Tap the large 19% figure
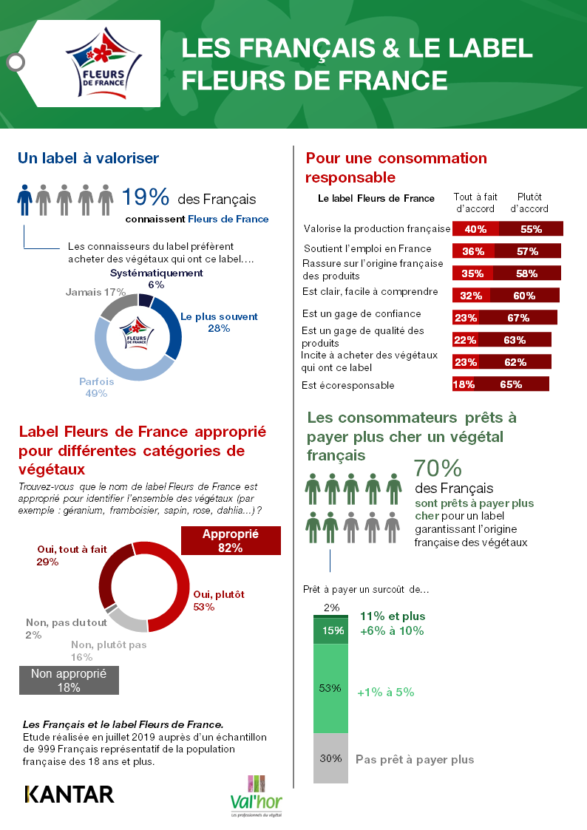point(146,197)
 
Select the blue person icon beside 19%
point(25,200)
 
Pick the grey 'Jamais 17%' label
point(95,292)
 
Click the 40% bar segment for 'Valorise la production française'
point(475,229)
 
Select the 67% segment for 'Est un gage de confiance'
point(518,318)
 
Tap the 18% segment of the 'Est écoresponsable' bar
point(464,384)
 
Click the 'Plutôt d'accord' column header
point(529,203)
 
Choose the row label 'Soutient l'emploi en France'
point(368,248)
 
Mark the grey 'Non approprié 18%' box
point(69,680)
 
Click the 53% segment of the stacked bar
point(330,689)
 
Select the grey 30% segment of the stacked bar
point(330,758)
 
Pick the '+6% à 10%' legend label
point(391,631)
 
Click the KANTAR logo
point(69,795)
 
